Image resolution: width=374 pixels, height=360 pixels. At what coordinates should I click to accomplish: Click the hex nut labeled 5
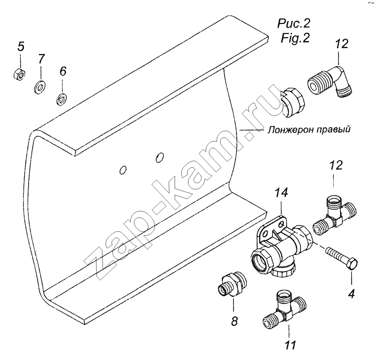[19, 74]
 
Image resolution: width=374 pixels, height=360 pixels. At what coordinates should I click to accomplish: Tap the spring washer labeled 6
[62, 99]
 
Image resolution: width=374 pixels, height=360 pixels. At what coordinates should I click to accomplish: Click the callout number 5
[21, 47]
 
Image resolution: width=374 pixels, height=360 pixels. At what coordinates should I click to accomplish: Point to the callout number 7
[41, 59]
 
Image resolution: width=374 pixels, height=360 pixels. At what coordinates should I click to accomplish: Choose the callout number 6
[63, 71]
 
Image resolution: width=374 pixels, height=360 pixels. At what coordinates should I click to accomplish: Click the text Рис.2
[294, 24]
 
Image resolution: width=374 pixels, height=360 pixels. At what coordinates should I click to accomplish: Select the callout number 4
[351, 293]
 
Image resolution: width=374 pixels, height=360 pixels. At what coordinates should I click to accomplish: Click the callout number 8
[234, 321]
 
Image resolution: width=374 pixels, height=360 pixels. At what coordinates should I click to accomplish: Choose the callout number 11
[290, 345]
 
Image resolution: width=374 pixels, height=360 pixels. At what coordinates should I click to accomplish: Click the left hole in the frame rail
[123, 170]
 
